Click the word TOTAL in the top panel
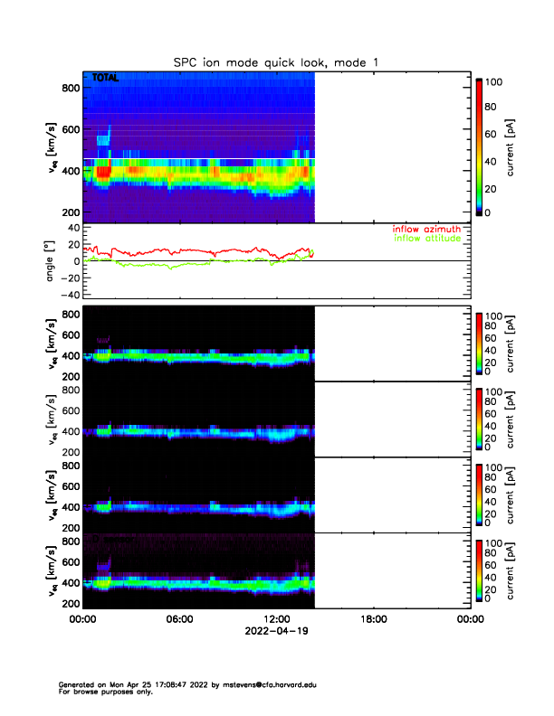pyautogui.click(x=106, y=79)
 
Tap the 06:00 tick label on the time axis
pyautogui.click(x=179, y=620)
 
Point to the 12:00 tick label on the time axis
pyautogui.click(x=276, y=620)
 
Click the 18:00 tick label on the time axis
pyautogui.click(x=373, y=620)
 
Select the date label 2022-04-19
pyautogui.click(x=276, y=632)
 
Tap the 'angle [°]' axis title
pyautogui.click(x=52, y=260)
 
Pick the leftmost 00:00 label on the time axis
pyautogui.click(x=83, y=620)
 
